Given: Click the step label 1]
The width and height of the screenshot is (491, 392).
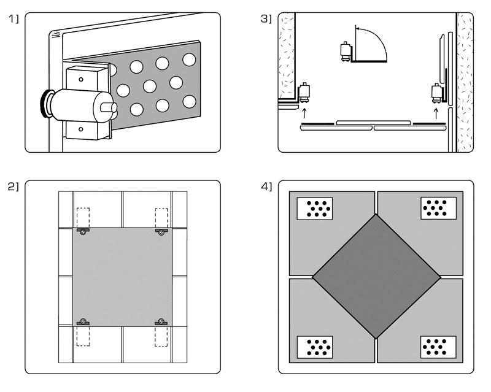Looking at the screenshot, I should click(x=14, y=20).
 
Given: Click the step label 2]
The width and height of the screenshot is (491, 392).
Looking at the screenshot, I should click(x=14, y=186).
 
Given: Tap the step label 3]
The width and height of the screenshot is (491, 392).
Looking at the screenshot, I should click(x=266, y=20).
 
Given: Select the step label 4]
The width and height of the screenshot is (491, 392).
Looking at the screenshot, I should click(x=266, y=186).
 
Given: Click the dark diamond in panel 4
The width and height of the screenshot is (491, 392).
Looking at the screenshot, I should click(x=376, y=276).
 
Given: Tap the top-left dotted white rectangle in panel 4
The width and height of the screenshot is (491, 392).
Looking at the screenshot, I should click(x=315, y=209).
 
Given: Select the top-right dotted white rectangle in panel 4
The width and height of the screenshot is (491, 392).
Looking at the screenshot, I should click(x=438, y=209).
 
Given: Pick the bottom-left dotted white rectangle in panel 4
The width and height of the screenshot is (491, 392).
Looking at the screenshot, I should click(x=315, y=347).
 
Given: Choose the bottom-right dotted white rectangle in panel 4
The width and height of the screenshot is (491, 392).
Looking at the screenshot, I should click(x=438, y=347).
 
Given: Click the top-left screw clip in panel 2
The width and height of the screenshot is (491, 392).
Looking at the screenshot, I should click(x=83, y=231).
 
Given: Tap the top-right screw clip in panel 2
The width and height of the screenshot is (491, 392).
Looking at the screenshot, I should click(x=161, y=231).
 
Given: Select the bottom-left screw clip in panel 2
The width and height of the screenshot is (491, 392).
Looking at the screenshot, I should click(x=83, y=322).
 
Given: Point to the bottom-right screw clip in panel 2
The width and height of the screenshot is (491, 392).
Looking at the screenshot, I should click(x=161, y=322).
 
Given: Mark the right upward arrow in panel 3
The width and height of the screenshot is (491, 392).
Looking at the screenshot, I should click(x=436, y=112).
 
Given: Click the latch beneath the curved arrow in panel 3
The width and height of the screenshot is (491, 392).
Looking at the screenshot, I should click(x=346, y=50).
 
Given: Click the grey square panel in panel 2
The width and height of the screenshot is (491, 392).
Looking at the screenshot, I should click(x=122, y=276).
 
